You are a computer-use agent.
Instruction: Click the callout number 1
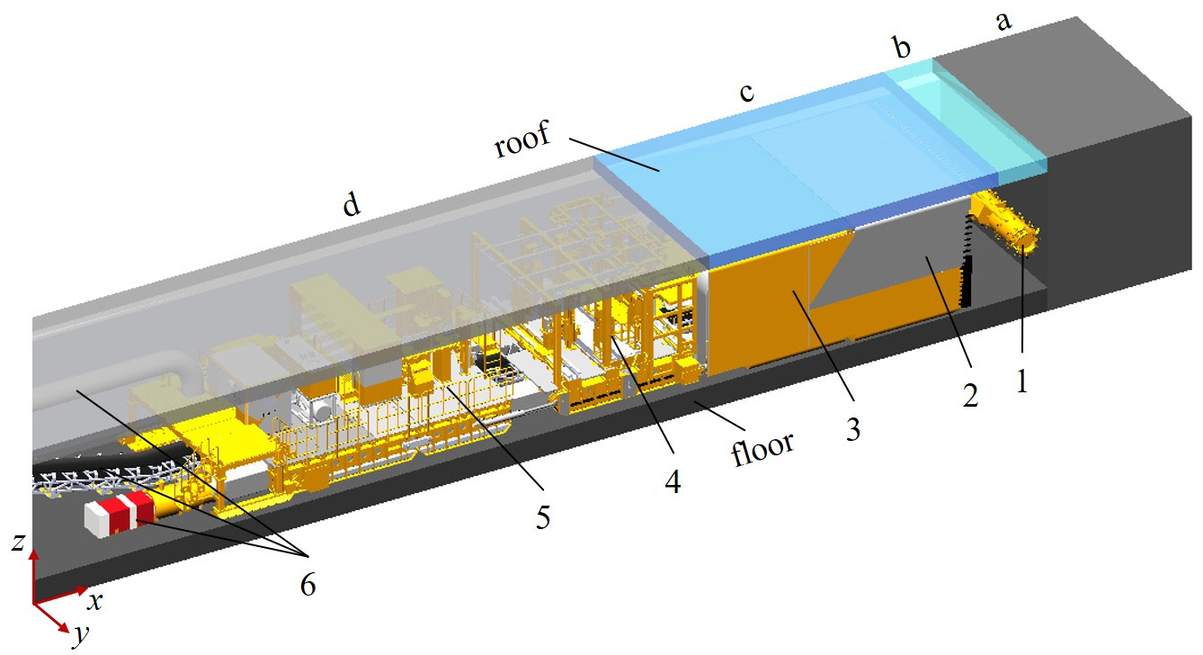1022,381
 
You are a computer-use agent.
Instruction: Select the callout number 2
970,396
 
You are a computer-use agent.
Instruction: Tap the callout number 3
853,429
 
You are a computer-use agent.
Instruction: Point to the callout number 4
673,481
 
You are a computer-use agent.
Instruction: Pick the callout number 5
543,517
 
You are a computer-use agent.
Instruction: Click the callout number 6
307,583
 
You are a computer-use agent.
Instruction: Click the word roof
522,139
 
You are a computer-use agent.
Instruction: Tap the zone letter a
1003,22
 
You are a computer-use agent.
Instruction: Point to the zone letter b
903,46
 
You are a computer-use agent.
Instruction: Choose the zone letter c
746,92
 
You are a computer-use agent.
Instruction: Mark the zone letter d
352,203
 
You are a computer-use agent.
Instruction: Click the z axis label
19,542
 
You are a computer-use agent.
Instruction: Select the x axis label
95,601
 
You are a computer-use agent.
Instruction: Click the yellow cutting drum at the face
1004,222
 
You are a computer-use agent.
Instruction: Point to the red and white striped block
120,513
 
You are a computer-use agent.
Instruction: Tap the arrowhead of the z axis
34,554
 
